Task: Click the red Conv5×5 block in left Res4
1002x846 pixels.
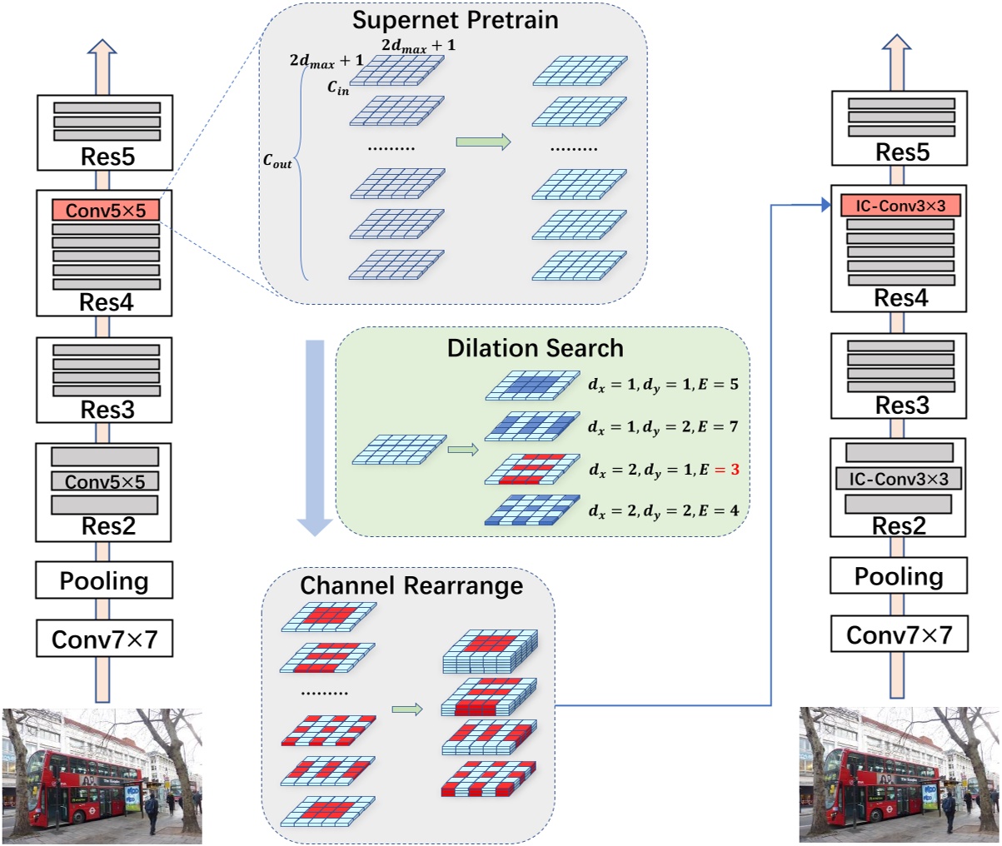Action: point(105,210)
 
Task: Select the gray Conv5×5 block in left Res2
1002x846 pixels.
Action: point(105,481)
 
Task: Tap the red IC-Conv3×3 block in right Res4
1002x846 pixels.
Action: point(900,206)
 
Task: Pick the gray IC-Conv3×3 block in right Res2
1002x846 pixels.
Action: point(899,479)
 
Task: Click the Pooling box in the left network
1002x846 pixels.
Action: point(104,580)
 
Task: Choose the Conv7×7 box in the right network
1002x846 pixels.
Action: point(899,634)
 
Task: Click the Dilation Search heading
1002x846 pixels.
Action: point(535,347)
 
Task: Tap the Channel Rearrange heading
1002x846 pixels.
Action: point(411,585)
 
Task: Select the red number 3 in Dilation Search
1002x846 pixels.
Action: point(735,470)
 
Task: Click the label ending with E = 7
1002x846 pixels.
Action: point(663,427)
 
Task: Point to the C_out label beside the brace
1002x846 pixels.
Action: point(277,162)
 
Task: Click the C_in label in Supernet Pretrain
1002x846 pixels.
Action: point(338,87)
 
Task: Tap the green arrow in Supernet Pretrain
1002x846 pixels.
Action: point(483,142)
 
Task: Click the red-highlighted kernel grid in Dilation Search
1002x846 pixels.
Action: point(531,470)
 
